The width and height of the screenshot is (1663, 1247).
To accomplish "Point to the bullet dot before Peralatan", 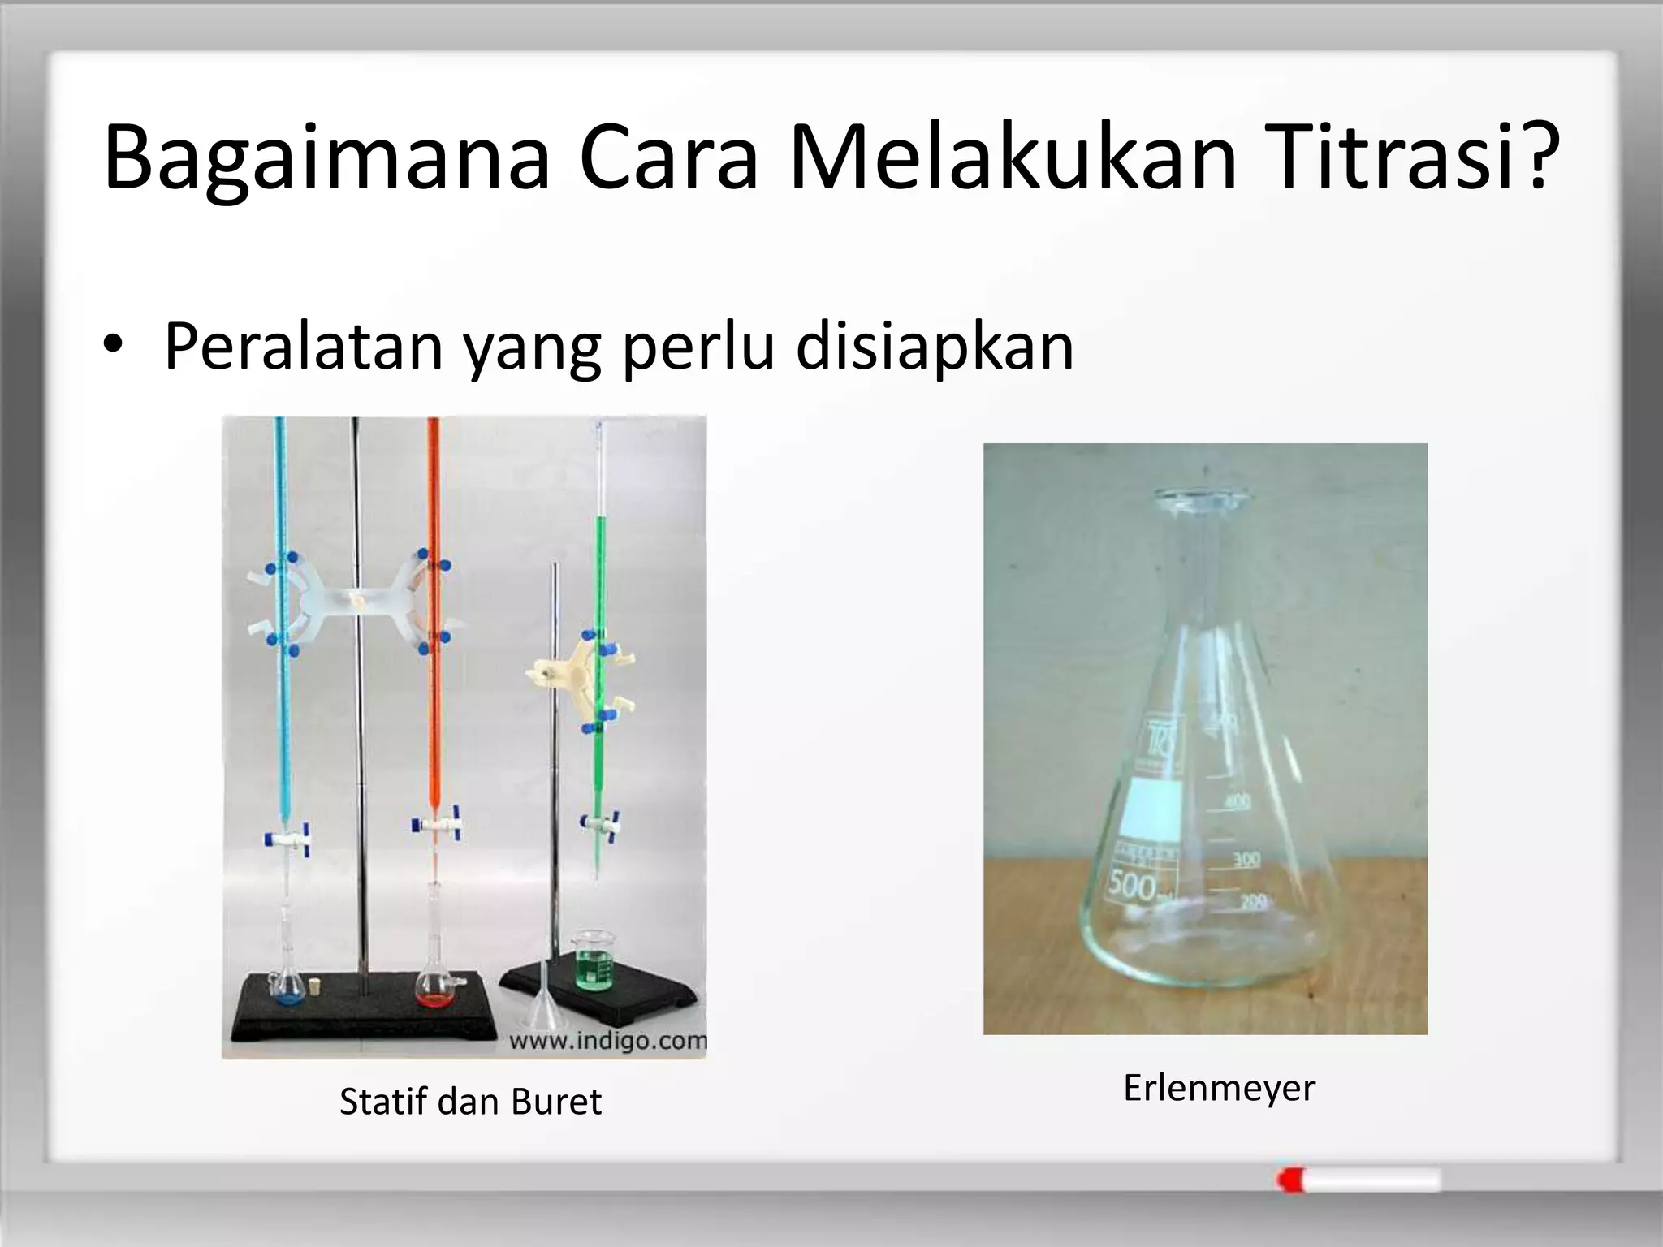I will [113, 347].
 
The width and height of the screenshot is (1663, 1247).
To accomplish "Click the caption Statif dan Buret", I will [470, 1102].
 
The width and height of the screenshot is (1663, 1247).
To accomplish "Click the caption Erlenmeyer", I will [1218, 1088].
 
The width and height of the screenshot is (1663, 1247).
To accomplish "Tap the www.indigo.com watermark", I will [607, 1041].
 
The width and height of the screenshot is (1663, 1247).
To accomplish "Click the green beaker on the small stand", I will [594, 962].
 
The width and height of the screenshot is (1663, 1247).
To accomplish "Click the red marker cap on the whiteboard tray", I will [1289, 1180].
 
